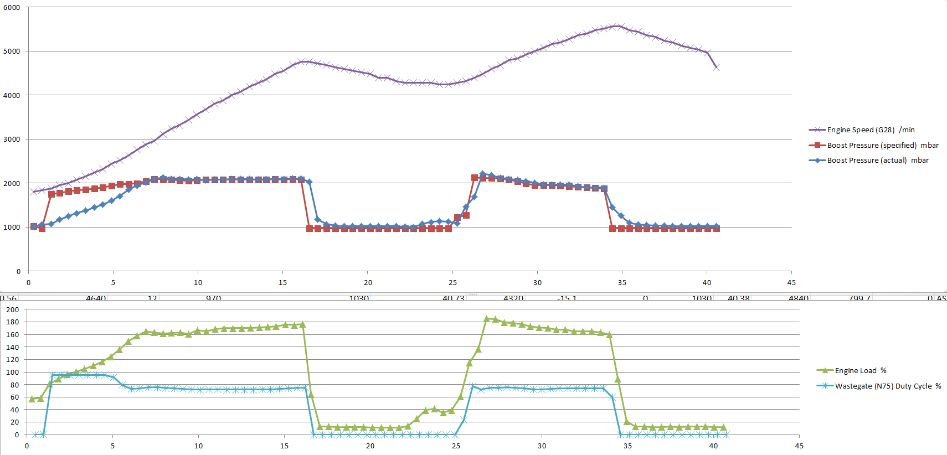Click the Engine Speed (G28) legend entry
870,130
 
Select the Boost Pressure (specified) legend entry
882,146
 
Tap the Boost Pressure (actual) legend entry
877,161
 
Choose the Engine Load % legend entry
860,371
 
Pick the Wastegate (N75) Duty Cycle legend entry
887,386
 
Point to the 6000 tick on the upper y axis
12,8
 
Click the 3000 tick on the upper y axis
12,139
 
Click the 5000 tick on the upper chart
12,51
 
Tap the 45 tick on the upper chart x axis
791,283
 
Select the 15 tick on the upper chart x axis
282,283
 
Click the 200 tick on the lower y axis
12,310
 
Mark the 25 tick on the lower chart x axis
456,446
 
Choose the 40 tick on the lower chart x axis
713,446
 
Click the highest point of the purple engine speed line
616,26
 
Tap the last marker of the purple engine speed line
717,67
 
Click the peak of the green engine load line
487,319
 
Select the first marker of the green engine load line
32,399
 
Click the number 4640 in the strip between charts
96,298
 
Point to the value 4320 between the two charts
513,298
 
